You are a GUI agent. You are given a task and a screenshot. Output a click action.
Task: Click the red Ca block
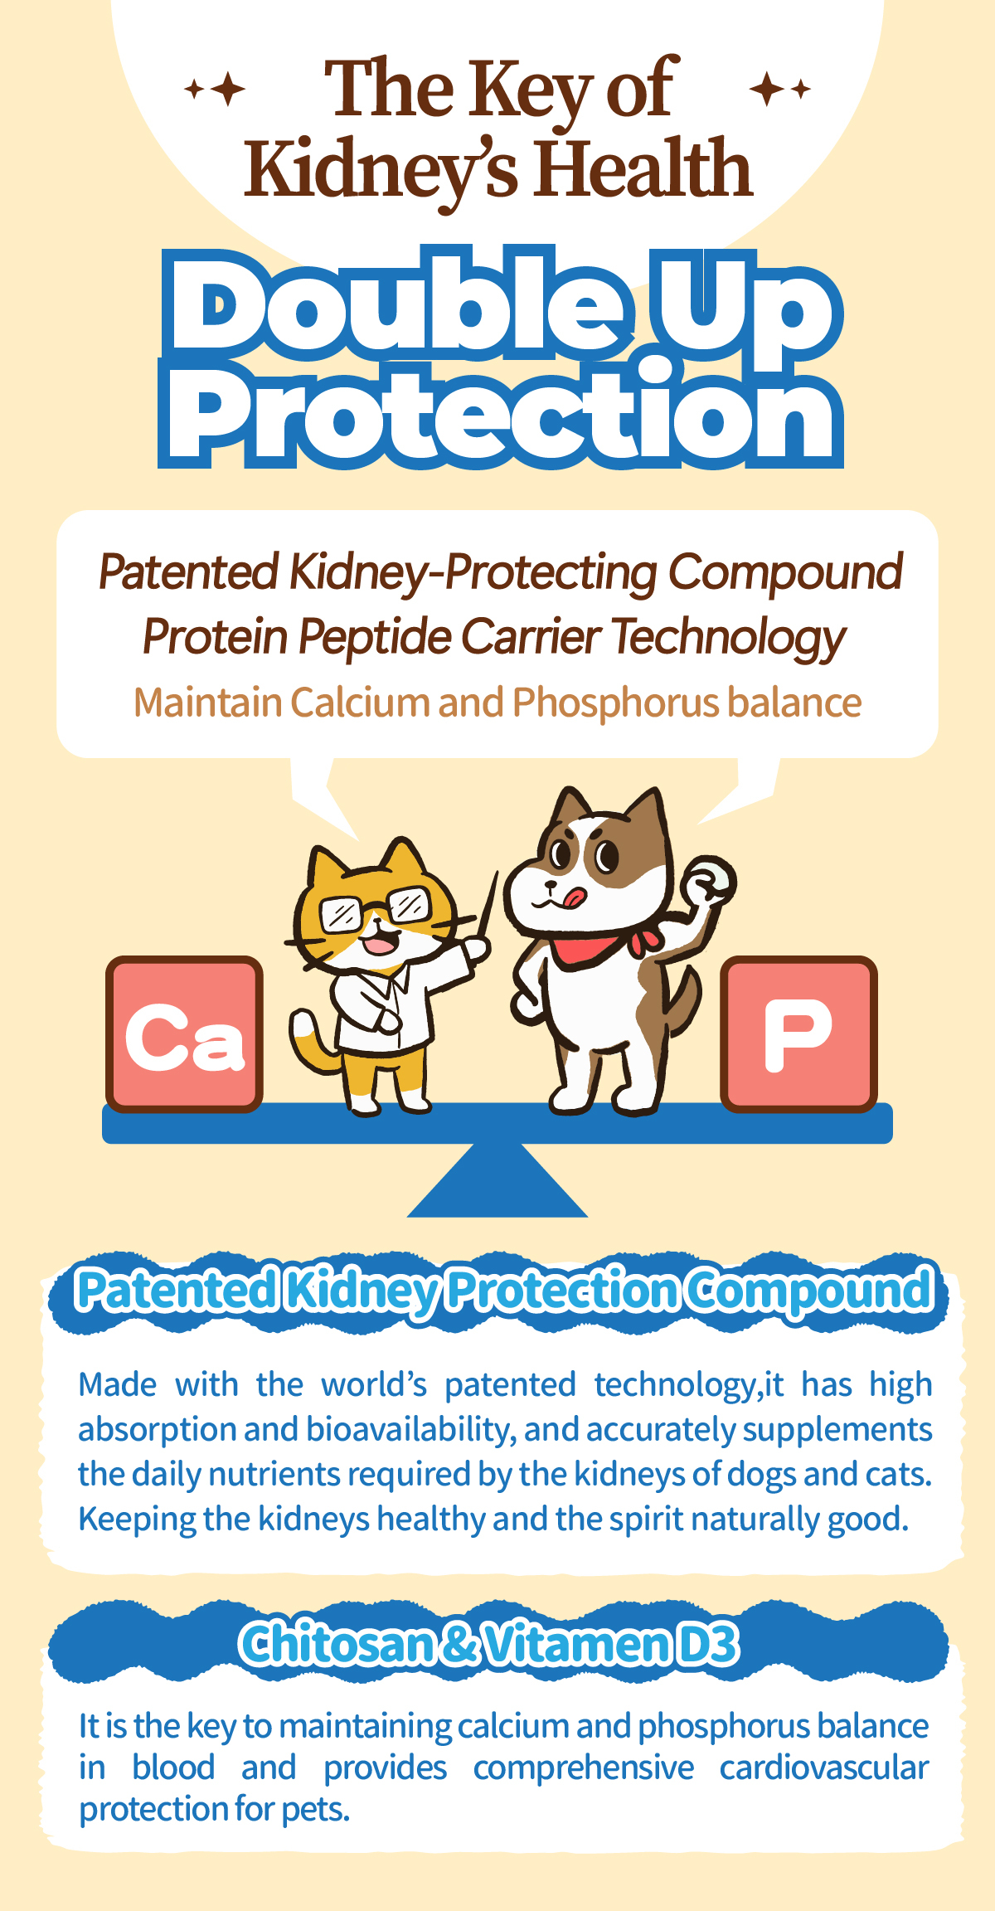(x=184, y=1033)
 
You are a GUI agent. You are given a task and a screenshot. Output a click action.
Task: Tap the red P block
(x=798, y=1033)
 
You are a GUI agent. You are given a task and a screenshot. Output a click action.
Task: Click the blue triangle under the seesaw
(x=498, y=1179)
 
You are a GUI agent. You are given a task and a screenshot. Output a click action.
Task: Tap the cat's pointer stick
(x=488, y=908)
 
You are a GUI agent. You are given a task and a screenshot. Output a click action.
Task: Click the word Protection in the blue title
(x=501, y=415)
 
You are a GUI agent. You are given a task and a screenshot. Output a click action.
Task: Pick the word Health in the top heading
(x=643, y=169)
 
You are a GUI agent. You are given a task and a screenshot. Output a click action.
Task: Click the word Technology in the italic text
(x=729, y=638)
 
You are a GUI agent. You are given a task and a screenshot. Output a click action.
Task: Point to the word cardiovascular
(x=824, y=1768)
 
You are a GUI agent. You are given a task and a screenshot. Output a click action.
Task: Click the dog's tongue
(x=574, y=897)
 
